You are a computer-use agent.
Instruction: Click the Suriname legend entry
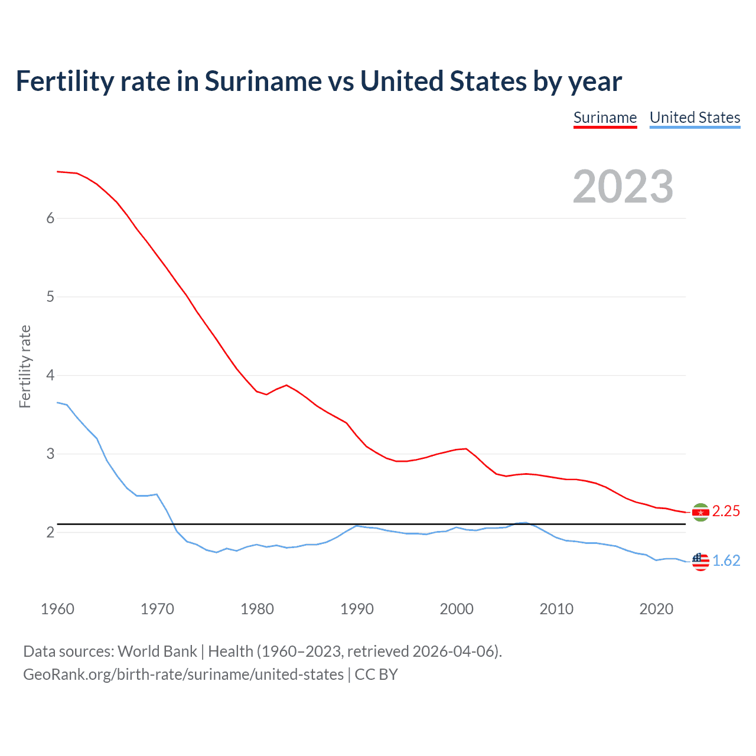tap(605, 118)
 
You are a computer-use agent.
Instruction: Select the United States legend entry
tap(695, 118)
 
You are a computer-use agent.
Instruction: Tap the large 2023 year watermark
tap(623, 187)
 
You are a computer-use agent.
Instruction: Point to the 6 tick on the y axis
tap(50, 219)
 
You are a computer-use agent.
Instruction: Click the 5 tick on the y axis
tap(50, 297)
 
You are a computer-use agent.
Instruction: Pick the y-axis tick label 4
tap(50, 376)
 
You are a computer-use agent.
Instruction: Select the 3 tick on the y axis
tap(50, 454)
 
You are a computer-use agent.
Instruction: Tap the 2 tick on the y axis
tap(50, 533)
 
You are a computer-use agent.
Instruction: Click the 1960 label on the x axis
tap(57, 609)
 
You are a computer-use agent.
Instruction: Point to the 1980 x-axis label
tap(257, 609)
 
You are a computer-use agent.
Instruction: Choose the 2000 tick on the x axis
tap(457, 609)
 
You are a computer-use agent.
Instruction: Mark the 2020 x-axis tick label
tap(656, 609)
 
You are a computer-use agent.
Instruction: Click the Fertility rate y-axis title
tap(25, 366)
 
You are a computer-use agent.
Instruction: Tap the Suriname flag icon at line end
tap(700, 512)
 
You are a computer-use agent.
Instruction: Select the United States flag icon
tap(700, 561)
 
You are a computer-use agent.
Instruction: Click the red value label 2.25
tap(726, 511)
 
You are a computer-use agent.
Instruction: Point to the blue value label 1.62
tap(726, 561)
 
